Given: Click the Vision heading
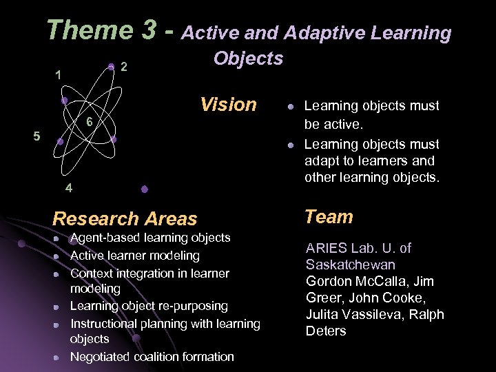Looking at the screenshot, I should pos(228,105).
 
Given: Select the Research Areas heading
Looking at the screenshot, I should pos(125,219).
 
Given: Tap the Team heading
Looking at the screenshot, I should pos(329,217).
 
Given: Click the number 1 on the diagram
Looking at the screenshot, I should pos(59,74).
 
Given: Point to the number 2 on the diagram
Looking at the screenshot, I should pos(123,68).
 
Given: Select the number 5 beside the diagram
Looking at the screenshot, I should pos(37,136).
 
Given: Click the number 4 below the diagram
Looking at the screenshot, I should pos(69,187).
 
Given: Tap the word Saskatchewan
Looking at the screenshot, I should pos(351,265).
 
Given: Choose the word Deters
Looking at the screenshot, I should pos(326,331).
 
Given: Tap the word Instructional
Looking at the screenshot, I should pos(107,324).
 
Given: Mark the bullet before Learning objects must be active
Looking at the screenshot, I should pos(291,107).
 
